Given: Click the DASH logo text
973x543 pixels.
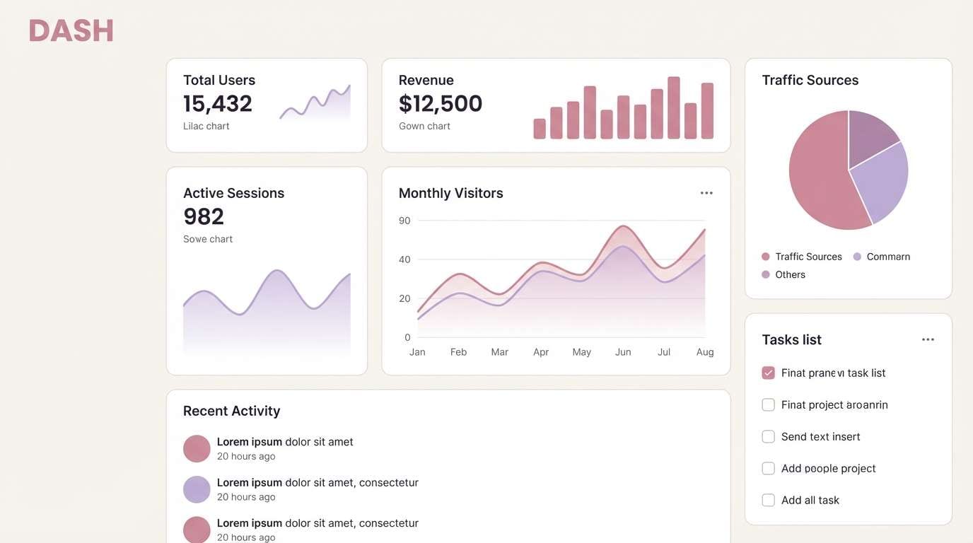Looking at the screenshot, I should pos(71,31).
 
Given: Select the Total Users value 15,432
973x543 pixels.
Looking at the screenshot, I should pos(217,104).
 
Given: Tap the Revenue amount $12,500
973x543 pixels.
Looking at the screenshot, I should pos(440,104).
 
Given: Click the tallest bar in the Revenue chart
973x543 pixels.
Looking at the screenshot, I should pos(673,107).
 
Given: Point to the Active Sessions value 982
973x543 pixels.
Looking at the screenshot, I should pos(203,216).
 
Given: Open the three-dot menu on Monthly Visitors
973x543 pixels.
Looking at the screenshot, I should pos(706,193).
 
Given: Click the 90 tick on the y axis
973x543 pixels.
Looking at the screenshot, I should pos(404,221).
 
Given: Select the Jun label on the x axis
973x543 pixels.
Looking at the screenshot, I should pos(622,352).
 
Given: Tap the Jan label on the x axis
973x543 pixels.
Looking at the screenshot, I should pos(417,352).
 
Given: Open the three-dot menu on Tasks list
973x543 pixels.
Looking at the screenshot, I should pos(928,339).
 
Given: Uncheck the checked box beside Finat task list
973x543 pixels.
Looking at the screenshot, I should pos(768,373).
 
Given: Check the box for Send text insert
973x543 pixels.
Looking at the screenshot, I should pos(768,436).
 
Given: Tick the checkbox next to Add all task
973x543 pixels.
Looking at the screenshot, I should pos(768,500).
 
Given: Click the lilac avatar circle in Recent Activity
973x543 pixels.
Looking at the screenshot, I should pos(197,489).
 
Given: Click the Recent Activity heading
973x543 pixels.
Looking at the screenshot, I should pos(231,411).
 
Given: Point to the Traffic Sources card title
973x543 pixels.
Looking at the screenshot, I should pos(810,80).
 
